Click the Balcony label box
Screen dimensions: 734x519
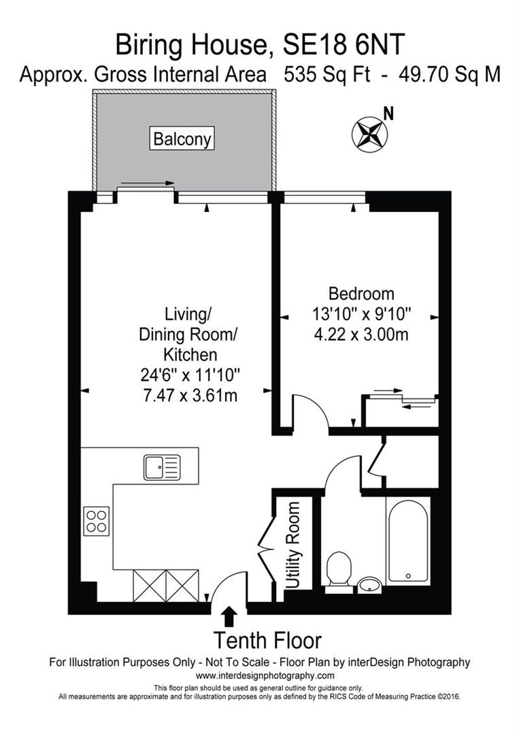click(x=182, y=139)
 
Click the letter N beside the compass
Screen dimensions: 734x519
click(x=388, y=113)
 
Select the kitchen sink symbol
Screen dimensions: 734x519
click(x=161, y=468)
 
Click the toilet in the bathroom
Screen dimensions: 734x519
click(x=338, y=568)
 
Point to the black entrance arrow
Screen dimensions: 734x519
click(x=229, y=616)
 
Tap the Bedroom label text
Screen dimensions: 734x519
click(x=361, y=294)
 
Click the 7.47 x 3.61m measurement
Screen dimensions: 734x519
click(x=190, y=396)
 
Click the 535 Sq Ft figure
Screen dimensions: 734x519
click(x=326, y=74)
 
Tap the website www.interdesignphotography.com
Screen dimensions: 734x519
click(x=265, y=676)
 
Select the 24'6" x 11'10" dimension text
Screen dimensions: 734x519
click(x=190, y=374)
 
